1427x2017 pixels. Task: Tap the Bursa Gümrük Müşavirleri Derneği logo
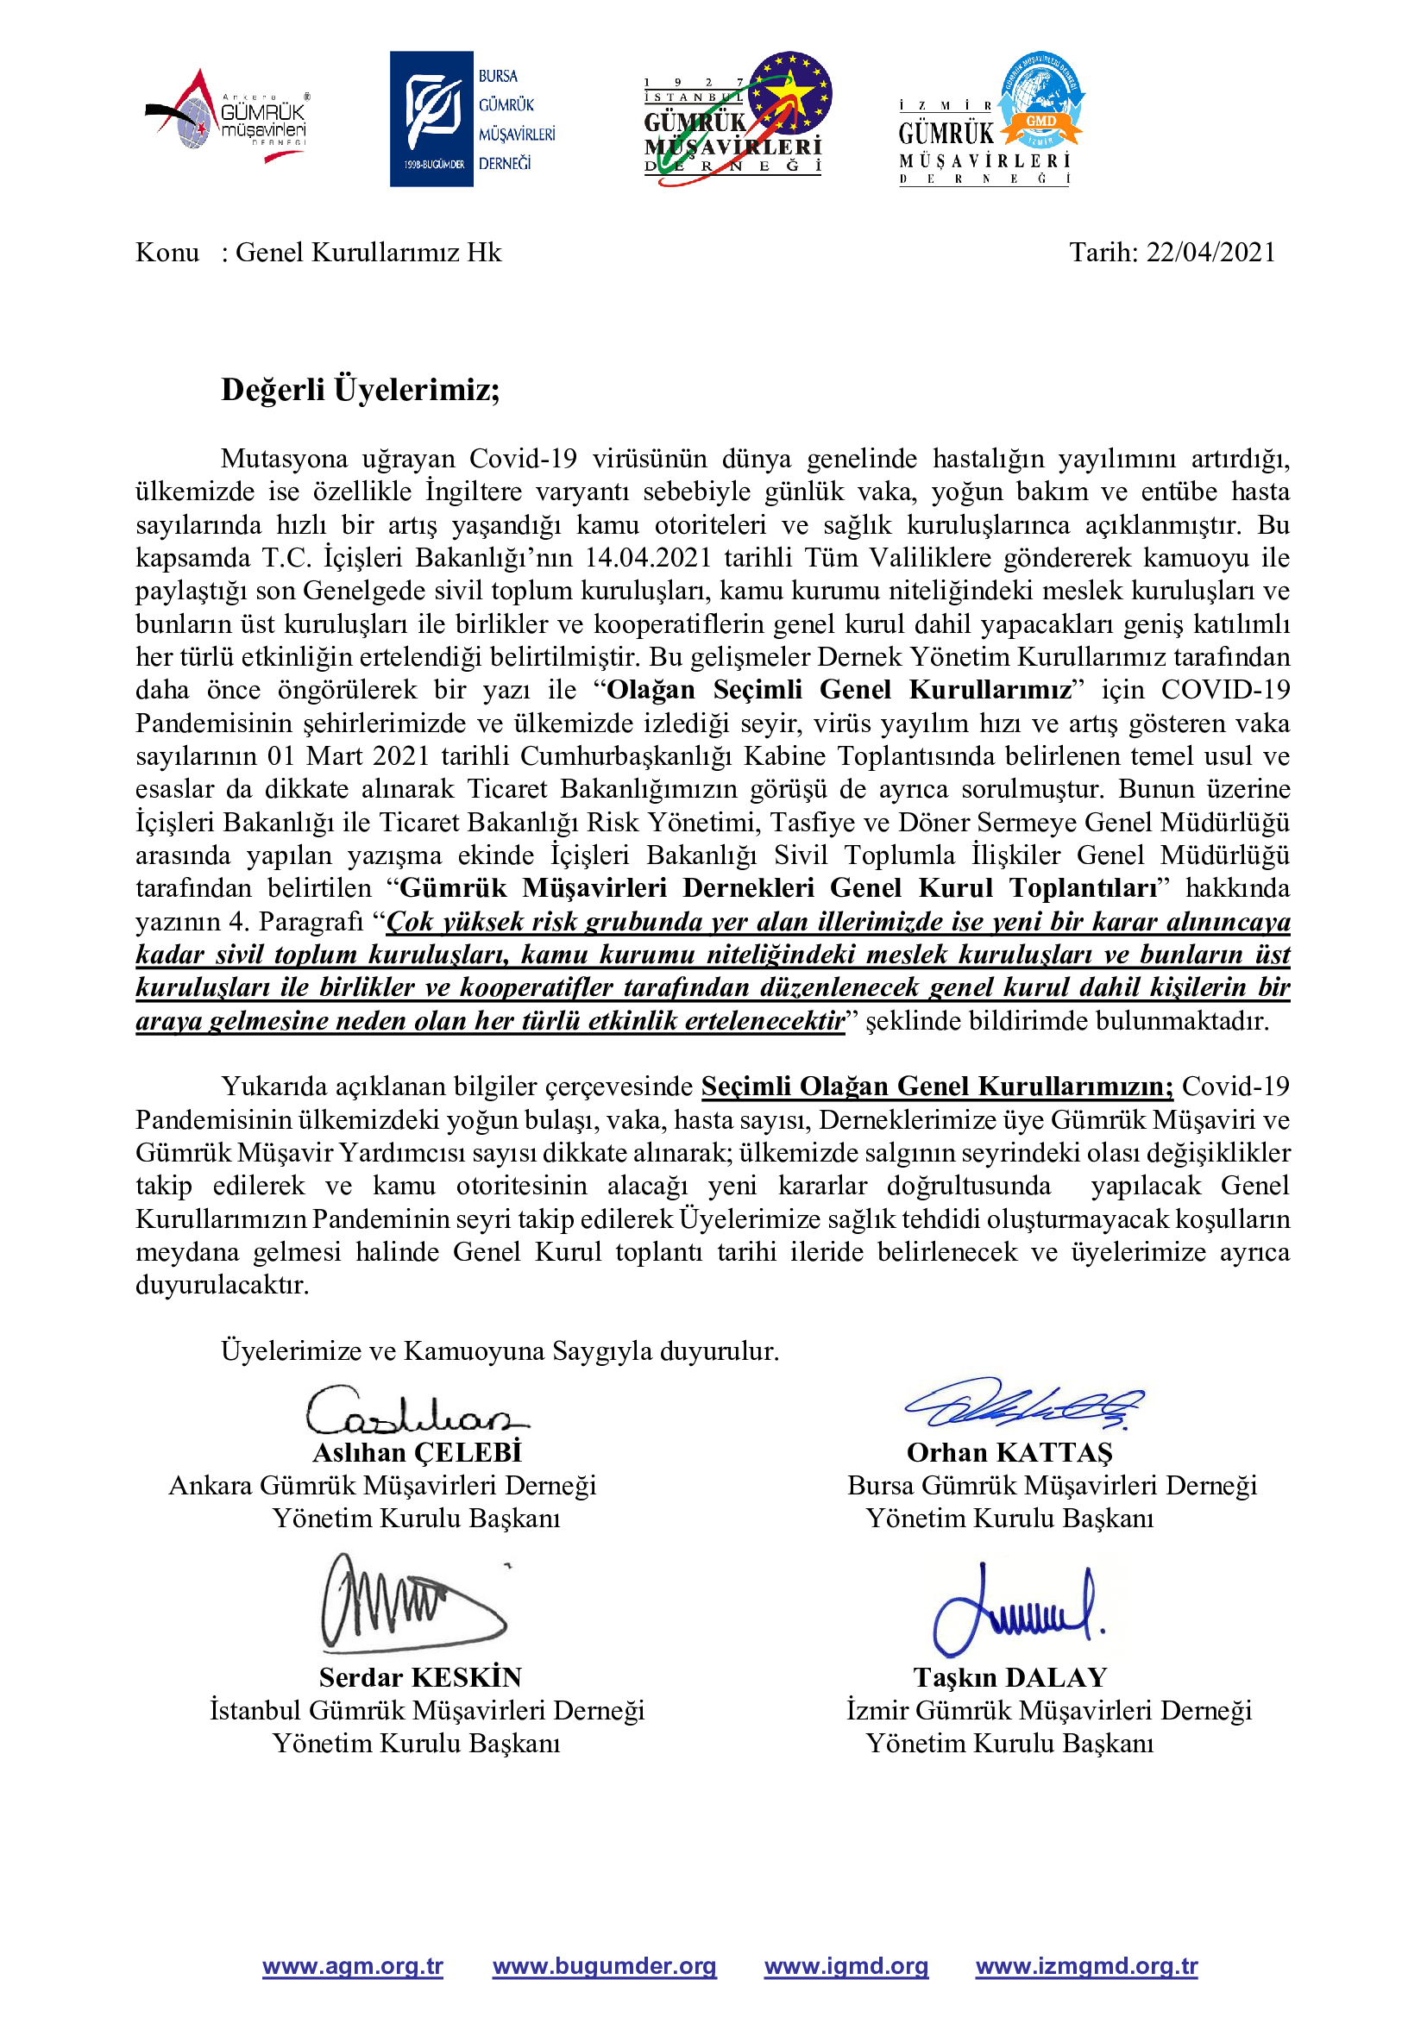click(473, 119)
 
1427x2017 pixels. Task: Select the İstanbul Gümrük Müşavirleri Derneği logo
click(736, 118)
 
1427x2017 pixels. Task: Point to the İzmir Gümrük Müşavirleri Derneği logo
click(990, 119)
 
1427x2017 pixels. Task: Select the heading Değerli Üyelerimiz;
click(361, 389)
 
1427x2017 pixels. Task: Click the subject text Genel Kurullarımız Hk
click(368, 253)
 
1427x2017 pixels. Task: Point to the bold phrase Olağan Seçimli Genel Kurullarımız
click(839, 690)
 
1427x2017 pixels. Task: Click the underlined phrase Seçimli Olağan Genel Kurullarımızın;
click(937, 1087)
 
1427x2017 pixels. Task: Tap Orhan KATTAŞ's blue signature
click(1024, 1403)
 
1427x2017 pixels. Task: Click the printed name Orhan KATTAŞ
click(1009, 1452)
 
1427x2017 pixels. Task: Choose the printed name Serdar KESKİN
click(420, 1677)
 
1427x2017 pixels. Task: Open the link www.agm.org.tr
click(352, 1966)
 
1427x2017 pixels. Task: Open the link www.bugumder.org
click(604, 1966)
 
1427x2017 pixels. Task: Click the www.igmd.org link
click(846, 1966)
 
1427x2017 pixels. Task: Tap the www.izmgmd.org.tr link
click(1086, 1966)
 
